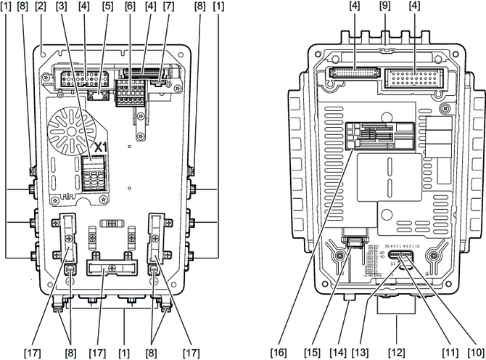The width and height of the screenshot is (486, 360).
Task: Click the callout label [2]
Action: point(41,7)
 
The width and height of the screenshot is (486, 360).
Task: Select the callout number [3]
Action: point(62,7)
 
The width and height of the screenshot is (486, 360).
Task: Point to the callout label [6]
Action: point(130,7)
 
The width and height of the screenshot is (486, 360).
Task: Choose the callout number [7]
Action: point(169,7)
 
